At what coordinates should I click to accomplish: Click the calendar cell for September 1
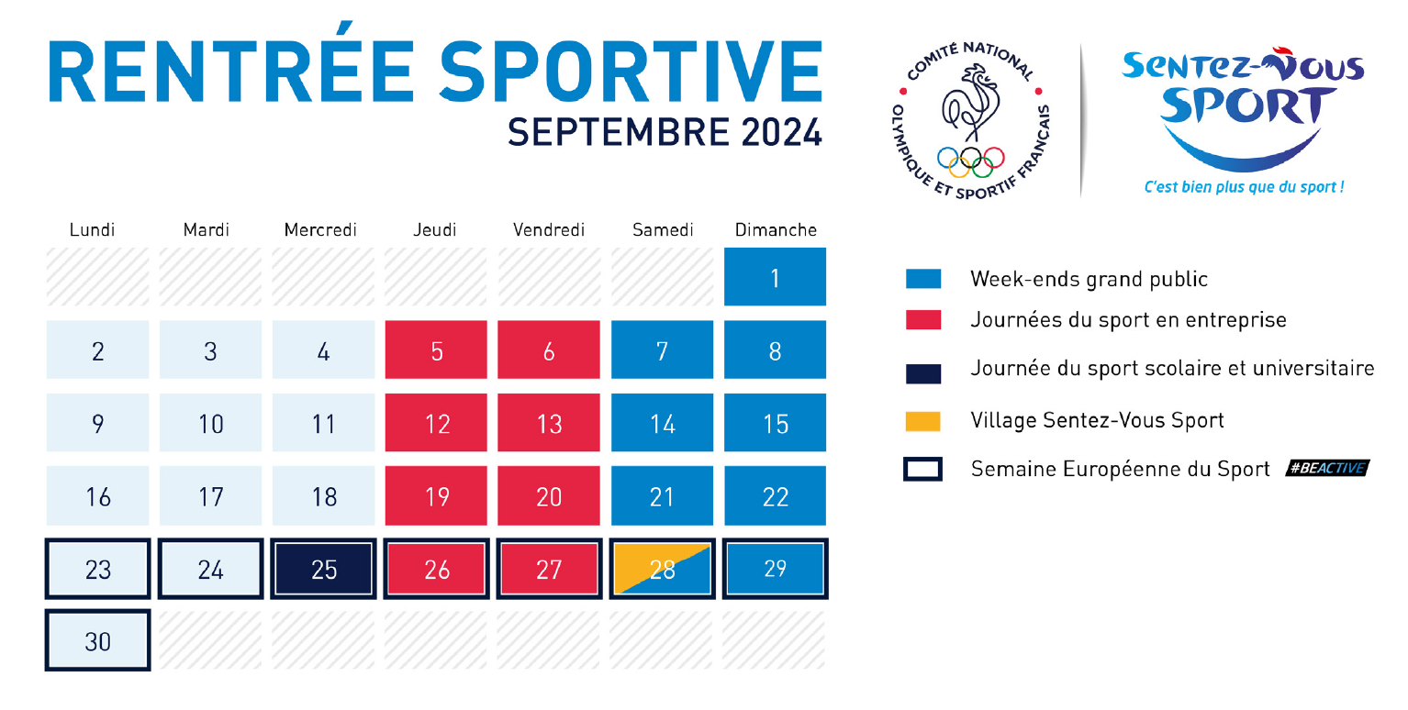tap(775, 276)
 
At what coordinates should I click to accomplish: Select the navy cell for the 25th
tap(323, 569)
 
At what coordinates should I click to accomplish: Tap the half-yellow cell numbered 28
tap(663, 569)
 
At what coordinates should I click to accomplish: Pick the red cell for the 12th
tap(436, 422)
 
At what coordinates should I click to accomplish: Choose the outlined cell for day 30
tap(97, 640)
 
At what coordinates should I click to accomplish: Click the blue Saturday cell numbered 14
tap(663, 422)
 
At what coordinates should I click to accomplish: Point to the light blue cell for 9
tap(97, 422)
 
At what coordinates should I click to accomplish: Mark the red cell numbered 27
tap(550, 569)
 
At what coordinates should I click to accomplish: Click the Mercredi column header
tap(320, 230)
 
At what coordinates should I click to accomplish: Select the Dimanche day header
tap(776, 230)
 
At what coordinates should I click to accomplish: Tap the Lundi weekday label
tap(93, 230)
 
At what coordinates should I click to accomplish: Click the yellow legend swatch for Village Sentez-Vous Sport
tap(922, 421)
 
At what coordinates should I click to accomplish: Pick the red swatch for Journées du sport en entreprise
tap(922, 319)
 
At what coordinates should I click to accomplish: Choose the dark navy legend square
tap(922, 373)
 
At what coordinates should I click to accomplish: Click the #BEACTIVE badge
tap(1327, 468)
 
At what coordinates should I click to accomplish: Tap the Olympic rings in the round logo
tap(970, 162)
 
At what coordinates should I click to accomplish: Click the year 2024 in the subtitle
tap(781, 132)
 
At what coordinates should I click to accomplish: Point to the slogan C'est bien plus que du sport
tap(1244, 186)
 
